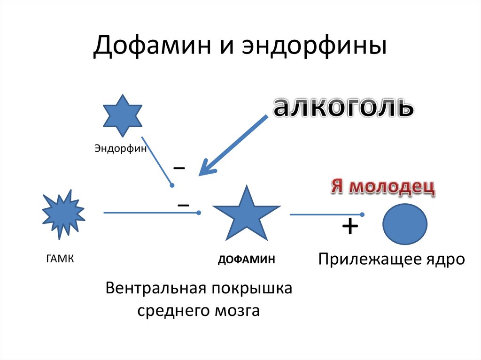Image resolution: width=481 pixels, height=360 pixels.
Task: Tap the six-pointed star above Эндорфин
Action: click(123, 115)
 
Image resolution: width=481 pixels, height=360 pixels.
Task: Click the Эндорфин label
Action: click(121, 149)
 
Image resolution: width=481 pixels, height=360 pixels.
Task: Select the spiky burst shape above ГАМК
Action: click(63, 214)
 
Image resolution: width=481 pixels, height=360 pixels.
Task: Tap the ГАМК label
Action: click(60, 259)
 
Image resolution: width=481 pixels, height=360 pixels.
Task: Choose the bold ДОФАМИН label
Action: click(246, 260)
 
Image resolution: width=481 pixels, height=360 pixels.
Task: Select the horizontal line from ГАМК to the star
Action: click(150, 213)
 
